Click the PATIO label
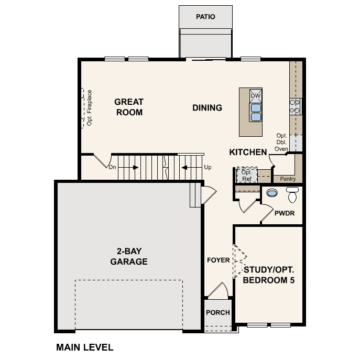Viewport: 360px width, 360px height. point(205,17)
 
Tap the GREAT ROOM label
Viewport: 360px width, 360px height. point(129,107)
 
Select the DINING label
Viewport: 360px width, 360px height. point(207,108)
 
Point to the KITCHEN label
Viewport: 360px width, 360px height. point(248,152)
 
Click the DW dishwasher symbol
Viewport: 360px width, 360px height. point(255,96)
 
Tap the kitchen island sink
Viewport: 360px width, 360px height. point(256,112)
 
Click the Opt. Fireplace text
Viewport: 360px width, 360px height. point(90,107)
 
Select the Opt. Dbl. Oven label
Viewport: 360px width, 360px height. point(282,142)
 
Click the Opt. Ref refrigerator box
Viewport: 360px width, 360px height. point(246,175)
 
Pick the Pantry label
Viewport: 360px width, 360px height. point(288,179)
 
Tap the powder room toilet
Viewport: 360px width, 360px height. point(292,194)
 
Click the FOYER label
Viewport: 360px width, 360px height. point(218,260)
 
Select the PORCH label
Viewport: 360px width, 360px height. point(218,313)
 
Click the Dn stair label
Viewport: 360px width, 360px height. point(112,168)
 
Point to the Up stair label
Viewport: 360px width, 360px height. point(208,168)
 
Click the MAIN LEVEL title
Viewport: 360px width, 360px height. point(84,347)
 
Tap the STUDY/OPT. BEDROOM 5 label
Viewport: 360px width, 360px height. point(269,275)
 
